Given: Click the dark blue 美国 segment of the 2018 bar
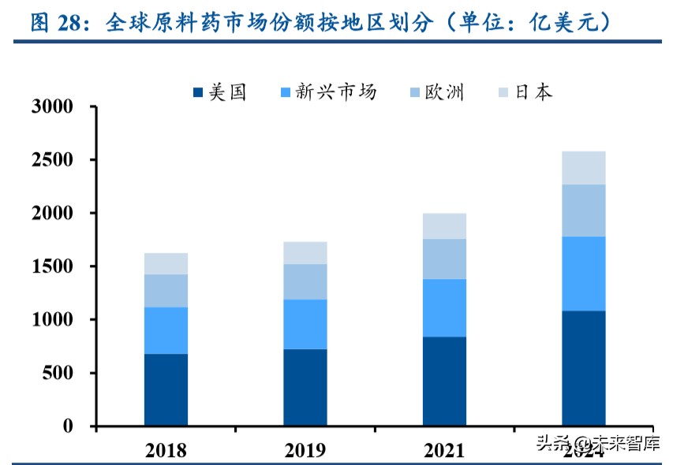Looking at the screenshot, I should click(x=166, y=389).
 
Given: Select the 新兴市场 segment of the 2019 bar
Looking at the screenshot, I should click(x=305, y=324).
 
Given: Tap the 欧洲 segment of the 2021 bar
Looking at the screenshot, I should click(x=444, y=259).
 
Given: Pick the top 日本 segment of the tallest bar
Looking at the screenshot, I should click(x=584, y=167).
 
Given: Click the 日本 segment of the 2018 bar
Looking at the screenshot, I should click(x=166, y=263).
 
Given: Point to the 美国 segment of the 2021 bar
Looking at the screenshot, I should click(x=444, y=381).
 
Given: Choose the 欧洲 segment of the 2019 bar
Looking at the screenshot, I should click(x=305, y=281).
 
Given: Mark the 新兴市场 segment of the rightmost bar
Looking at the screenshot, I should click(x=584, y=273).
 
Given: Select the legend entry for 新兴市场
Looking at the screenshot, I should click(x=327, y=92).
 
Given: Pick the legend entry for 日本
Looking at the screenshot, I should click(x=525, y=92).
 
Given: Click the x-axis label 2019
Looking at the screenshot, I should click(x=305, y=449).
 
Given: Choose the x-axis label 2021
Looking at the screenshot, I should click(x=444, y=449).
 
